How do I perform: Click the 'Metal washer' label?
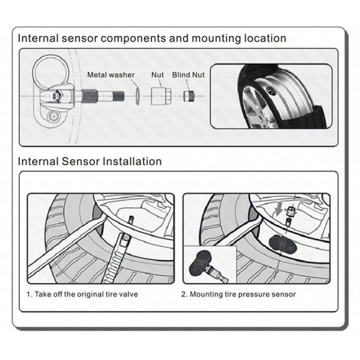click(x=110, y=74)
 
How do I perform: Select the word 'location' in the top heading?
click(x=261, y=38)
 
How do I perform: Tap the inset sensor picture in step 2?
click(x=209, y=263)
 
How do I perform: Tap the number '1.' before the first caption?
click(x=30, y=294)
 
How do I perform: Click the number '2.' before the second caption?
click(x=184, y=294)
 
